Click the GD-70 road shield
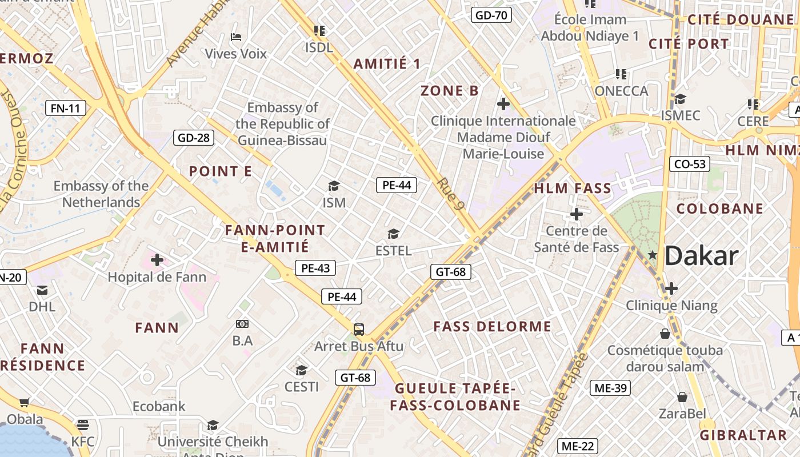tap(491, 15)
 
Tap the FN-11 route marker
tap(66, 107)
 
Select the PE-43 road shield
tap(315, 268)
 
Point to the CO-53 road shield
tap(690, 165)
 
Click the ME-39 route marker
tap(610, 388)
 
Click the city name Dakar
tap(702, 255)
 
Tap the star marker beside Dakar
tap(653, 254)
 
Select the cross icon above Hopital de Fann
tap(157, 260)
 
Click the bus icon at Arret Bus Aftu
tap(359, 330)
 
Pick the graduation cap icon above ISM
tap(334, 186)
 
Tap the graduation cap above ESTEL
tap(393, 234)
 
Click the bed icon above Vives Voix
tap(235, 37)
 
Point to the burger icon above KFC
tap(83, 425)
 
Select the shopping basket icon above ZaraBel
tap(682, 397)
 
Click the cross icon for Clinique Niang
tap(671, 288)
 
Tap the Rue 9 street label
tap(450, 194)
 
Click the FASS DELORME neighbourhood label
tap(492, 327)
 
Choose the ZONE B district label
tap(449, 90)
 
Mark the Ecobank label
tap(159, 406)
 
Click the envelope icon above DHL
tap(42, 290)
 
